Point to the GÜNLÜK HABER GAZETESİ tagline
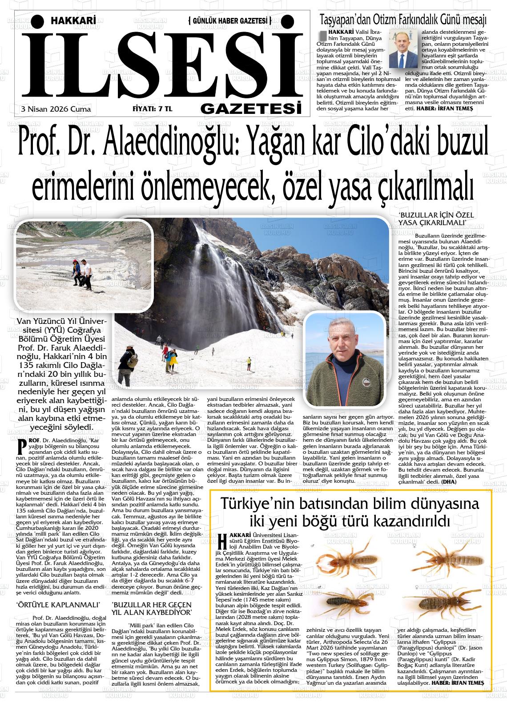[x=230, y=20]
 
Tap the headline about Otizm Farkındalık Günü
[x=403, y=20]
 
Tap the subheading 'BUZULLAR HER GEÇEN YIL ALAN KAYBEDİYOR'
[x=152, y=609]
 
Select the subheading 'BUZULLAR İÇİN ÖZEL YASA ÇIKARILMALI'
[x=436, y=218]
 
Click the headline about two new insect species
[x=350, y=512]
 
